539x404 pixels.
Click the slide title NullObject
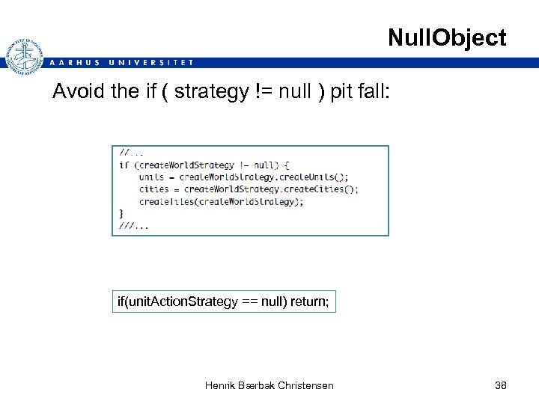click(x=447, y=37)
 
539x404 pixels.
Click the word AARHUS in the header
click(x=74, y=63)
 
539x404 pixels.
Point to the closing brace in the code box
click(x=121, y=214)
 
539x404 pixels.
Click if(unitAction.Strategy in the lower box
click(x=175, y=302)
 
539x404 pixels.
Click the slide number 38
click(x=501, y=385)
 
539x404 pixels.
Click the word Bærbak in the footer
click(x=257, y=385)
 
